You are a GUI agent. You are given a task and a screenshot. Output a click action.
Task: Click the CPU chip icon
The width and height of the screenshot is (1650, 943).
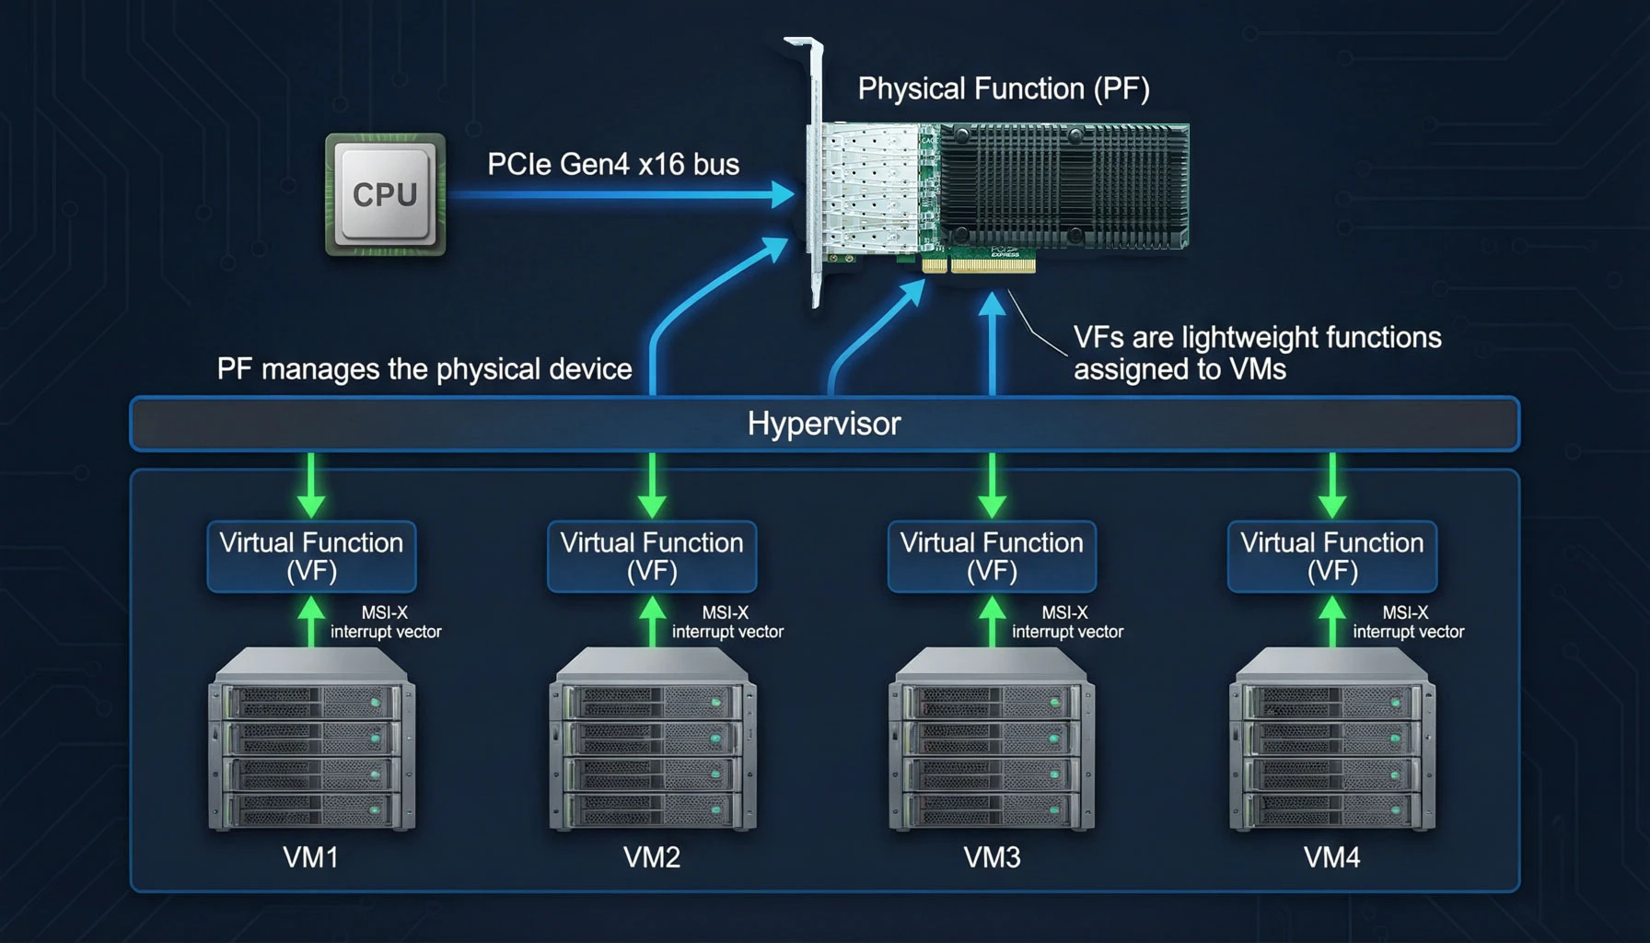[x=385, y=194]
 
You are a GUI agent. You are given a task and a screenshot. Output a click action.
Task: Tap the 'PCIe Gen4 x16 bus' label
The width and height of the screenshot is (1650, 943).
[x=613, y=164]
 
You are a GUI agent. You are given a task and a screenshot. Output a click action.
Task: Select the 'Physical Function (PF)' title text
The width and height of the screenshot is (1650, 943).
[x=1004, y=88]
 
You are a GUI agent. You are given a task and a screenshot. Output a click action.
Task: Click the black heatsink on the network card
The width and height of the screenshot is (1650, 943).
[x=1063, y=186]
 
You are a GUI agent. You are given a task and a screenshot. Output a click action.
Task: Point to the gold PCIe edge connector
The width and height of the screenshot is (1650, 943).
[x=979, y=265]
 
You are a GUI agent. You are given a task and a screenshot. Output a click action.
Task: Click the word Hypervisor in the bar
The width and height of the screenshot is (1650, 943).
[x=824, y=424]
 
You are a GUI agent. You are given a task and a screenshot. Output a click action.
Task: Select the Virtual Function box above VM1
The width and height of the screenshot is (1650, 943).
[x=311, y=556]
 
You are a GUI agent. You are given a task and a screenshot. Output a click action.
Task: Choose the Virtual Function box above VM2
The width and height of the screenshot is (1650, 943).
[x=652, y=556]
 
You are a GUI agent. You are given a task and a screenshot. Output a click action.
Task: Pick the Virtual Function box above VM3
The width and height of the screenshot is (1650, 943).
[x=992, y=556]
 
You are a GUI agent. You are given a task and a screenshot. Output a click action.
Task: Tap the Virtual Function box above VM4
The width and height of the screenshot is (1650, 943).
[x=1332, y=556]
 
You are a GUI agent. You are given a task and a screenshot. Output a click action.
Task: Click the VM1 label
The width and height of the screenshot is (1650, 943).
[x=311, y=857]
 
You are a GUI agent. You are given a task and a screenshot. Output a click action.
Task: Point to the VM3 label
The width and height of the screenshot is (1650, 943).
[x=992, y=857]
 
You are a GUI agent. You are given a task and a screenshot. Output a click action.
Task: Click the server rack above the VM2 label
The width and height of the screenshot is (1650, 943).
[x=652, y=739]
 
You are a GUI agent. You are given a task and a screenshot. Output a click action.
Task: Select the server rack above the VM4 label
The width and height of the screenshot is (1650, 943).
[x=1332, y=739]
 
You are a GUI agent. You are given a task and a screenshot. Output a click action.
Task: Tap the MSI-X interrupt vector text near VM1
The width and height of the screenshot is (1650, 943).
[x=386, y=622]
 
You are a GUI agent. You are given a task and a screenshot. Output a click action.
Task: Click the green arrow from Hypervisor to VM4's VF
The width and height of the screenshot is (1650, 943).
[x=1332, y=485]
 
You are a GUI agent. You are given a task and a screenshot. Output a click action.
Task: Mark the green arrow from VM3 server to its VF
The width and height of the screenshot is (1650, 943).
[x=992, y=621]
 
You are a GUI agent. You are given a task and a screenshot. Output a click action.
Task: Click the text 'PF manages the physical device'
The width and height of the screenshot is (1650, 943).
[x=424, y=369]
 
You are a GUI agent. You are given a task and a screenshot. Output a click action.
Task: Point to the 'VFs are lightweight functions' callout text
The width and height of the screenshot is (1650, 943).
[x=1258, y=353]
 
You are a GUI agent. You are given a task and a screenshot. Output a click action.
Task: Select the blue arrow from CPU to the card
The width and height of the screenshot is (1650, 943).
[x=622, y=194]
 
